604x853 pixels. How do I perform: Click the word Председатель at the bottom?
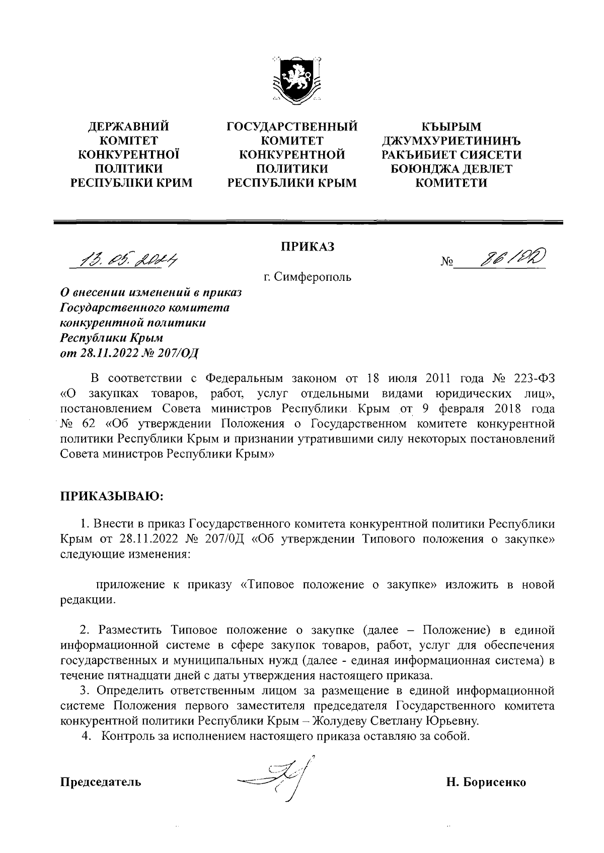(x=101, y=782)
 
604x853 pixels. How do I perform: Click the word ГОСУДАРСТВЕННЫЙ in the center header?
(x=292, y=126)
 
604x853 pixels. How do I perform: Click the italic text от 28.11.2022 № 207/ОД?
(x=129, y=352)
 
